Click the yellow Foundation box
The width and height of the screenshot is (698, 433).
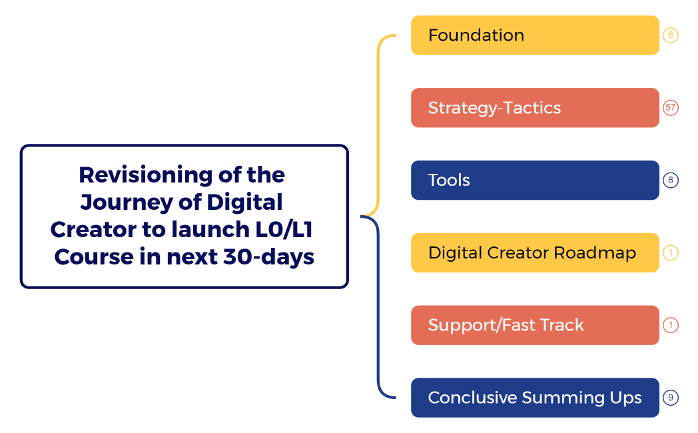(x=535, y=35)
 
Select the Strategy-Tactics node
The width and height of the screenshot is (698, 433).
(x=535, y=108)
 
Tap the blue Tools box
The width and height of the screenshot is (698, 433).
(x=535, y=180)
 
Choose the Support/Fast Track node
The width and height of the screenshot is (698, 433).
(x=535, y=325)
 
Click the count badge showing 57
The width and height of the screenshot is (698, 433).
(x=671, y=108)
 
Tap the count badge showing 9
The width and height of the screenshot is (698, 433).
(x=671, y=398)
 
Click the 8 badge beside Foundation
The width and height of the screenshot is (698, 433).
(x=671, y=35)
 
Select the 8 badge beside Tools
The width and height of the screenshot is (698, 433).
(x=671, y=180)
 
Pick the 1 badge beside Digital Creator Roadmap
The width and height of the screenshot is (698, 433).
(x=671, y=253)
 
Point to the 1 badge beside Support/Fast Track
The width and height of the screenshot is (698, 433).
(x=671, y=325)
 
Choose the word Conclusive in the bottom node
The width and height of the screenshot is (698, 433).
(x=472, y=398)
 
